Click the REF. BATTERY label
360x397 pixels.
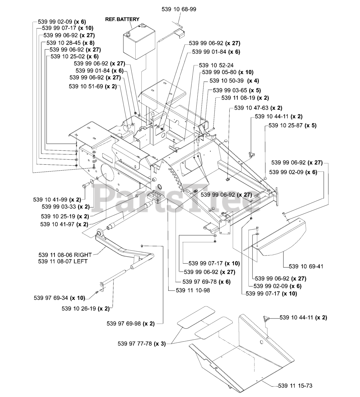122,19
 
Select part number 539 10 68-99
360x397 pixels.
179,9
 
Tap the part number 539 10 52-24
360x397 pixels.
216,65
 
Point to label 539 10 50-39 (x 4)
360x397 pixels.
234,81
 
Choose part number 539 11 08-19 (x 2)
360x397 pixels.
245,98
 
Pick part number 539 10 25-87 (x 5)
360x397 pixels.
292,125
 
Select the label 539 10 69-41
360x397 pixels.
306,266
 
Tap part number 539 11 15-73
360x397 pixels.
295,386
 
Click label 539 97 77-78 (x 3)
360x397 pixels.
142,344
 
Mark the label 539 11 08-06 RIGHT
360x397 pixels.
65,255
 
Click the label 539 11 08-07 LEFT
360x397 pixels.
63,261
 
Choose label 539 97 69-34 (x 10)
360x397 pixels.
59,298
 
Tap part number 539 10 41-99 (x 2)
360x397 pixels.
57,200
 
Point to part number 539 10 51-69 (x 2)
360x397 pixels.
93,87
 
